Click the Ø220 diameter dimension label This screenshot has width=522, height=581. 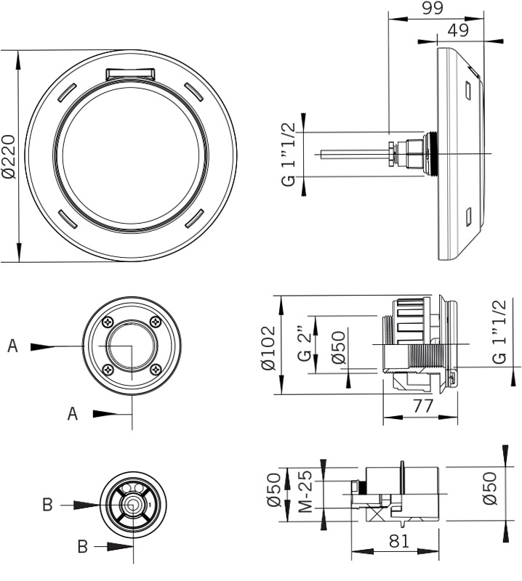(8, 156)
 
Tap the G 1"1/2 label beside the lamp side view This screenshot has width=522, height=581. (289, 155)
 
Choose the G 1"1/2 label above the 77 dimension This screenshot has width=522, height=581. (499, 332)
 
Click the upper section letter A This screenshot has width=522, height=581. (12, 346)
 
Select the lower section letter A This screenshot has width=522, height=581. (72, 414)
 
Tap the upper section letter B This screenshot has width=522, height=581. (46, 504)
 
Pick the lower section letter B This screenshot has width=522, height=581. (82, 547)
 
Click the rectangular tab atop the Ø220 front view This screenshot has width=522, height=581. (131, 73)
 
